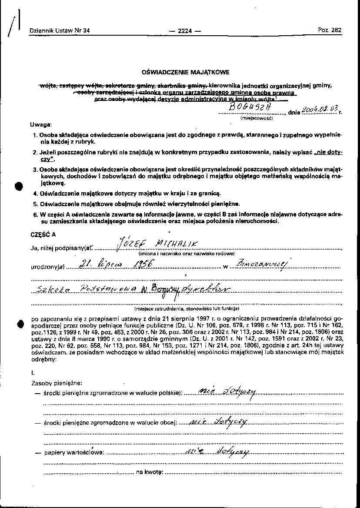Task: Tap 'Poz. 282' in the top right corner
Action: point(330,30)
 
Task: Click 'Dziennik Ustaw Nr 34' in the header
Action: point(60,31)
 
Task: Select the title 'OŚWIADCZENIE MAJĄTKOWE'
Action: point(186,72)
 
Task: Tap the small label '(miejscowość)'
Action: point(257,118)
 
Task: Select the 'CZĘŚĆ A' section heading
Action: point(43,234)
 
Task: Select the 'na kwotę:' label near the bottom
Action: point(150,472)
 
